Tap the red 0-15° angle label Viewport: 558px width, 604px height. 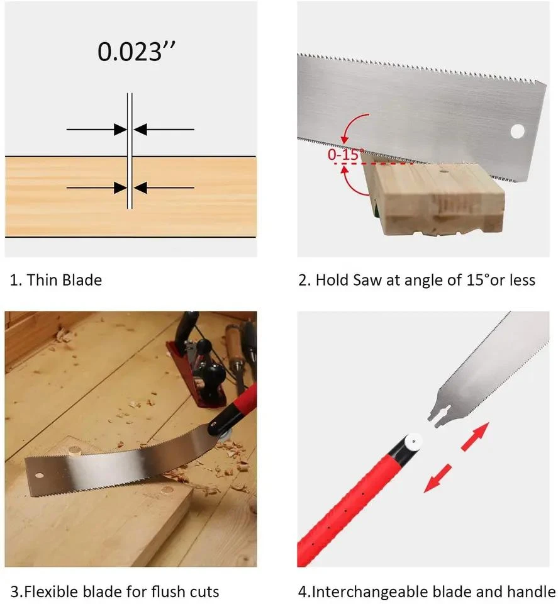click(345, 155)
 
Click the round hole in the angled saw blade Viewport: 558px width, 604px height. click(517, 131)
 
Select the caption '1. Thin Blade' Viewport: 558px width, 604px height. click(56, 280)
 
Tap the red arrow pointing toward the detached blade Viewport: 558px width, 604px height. click(475, 437)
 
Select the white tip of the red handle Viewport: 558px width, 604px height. click(414, 442)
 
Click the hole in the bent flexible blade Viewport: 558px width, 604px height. click(39, 476)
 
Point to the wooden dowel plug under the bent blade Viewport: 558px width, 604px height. click(75, 449)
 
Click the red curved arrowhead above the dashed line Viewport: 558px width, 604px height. click(345, 138)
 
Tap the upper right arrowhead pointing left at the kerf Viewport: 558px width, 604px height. click(140, 130)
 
